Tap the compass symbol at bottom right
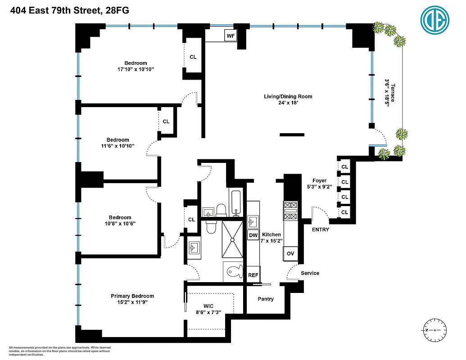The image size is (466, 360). click(434, 330)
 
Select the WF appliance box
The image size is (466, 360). click(231, 35)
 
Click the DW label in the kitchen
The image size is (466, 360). click(253, 235)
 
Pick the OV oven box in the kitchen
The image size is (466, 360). click(291, 254)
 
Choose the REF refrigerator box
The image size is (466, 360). click(253, 274)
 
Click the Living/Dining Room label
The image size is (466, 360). click(288, 96)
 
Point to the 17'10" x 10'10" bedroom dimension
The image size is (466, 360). click(136, 69)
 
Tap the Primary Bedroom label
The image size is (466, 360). click(132, 296)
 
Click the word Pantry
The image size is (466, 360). click(266, 299)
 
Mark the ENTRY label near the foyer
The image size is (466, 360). click(320, 229)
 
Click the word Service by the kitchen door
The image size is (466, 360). click(310, 273)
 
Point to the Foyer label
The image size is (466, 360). click(319, 180)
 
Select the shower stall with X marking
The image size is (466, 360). click(234, 241)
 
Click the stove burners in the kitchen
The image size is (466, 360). click(290, 211)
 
